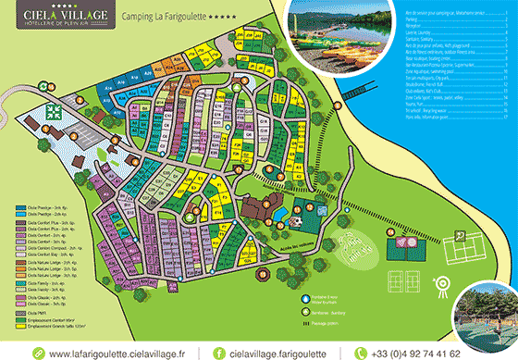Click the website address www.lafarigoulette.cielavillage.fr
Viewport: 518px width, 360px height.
click(117, 353)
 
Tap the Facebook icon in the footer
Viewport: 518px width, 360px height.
click(219, 353)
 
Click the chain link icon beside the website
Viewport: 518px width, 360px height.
click(38, 353)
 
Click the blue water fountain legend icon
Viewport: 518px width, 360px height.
click(305, 298)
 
